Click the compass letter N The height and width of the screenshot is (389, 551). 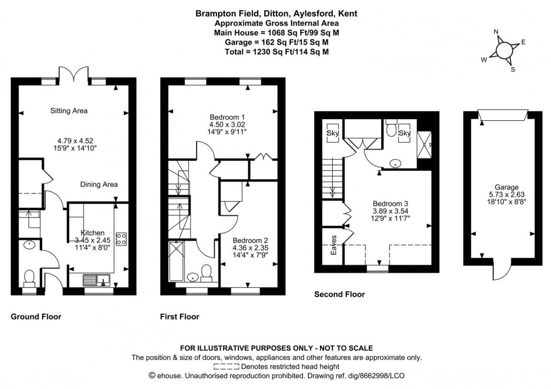(x=496, y=32)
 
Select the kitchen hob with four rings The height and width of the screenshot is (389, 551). (x=120, y=238)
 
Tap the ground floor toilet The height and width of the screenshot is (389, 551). (x=29, y=277)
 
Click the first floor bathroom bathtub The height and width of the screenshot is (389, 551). (x=176, y=261)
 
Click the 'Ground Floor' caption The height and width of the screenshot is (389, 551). (x=36, y=317)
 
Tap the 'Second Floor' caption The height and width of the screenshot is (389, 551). (x=339, y=294)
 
